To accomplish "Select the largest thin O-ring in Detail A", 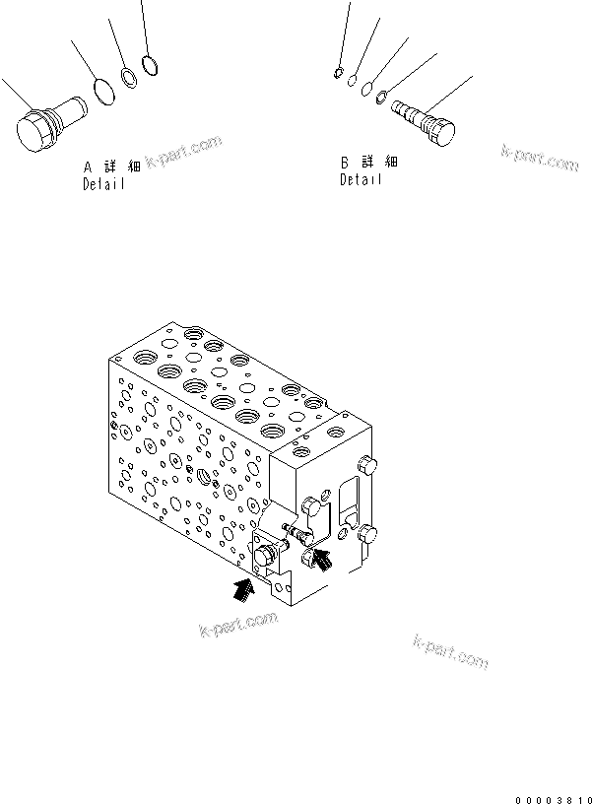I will pos(101,94).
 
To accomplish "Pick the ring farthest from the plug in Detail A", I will pos(150,66).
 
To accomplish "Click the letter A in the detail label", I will pos(87,168).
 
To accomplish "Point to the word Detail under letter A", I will pos(103,184).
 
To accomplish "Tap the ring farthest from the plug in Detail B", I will pos(337,71).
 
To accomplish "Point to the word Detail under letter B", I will pos(361,179).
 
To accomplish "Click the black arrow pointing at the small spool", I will pos(320,561).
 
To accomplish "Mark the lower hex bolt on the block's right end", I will pos(370,535).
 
